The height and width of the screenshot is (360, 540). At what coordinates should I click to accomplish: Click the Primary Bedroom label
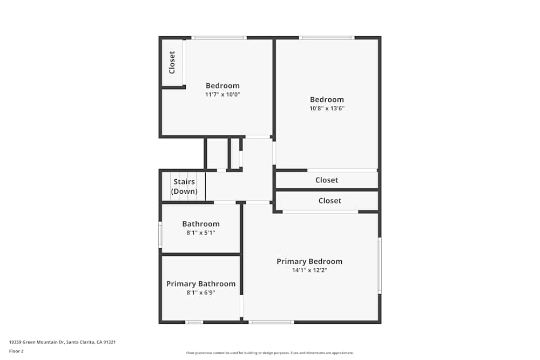pos(309,261)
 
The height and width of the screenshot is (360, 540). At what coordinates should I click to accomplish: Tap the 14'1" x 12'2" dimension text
pos(309,270)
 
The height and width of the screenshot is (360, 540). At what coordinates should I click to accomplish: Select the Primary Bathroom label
pos(201,284)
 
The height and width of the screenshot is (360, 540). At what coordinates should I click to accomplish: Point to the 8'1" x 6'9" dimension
pos(201,293)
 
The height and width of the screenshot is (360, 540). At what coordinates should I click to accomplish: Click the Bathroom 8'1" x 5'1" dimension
pos(201,233)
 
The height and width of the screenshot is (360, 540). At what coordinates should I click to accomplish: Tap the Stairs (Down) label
pos(184,187)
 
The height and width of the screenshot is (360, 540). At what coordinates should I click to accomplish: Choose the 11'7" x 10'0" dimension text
pos(222,94)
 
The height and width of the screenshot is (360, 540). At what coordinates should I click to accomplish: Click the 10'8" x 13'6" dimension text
pos(327,108)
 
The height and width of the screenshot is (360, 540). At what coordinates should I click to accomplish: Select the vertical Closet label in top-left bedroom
pos(172,62)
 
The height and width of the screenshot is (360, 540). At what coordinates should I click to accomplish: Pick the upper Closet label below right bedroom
pos(327,180)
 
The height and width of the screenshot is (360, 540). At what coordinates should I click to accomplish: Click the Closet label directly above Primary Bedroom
pos(329,201)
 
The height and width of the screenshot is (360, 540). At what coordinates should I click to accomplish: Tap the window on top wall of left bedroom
pos(219,38)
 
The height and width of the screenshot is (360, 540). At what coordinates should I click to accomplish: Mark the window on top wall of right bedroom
pos(327,38)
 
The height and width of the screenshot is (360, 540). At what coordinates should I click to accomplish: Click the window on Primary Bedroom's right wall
pos(380,266)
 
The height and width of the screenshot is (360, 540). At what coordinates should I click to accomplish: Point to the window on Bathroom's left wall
pos(160,235)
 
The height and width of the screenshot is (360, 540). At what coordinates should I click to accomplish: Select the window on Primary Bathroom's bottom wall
pos(194,322)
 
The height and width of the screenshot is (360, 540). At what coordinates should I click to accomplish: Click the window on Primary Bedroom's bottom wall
pos(272,322)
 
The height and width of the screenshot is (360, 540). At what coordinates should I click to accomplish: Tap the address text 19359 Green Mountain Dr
pos(63,342)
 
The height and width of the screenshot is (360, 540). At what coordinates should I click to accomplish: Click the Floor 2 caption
pos(16,351)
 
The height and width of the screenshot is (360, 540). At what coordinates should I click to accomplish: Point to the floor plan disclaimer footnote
pos(270,353)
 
